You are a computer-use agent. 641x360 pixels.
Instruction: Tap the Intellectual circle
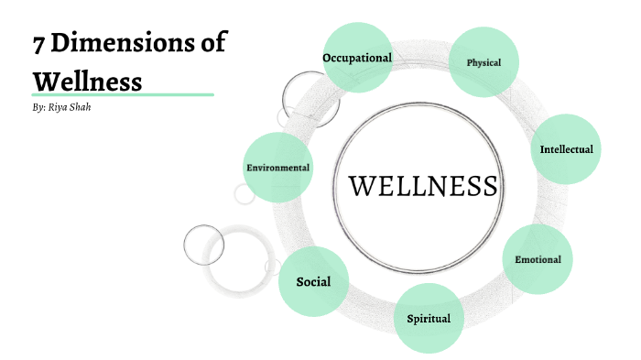pyautogui.click(x=566, y=149)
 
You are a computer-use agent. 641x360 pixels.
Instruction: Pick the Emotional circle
pyautogui.click(x=538, y=259)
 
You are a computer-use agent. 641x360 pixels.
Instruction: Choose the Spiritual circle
pyautogui.click(x=429, y=319)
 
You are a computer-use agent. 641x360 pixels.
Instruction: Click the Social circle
pyautogui.click(x=313, y=282)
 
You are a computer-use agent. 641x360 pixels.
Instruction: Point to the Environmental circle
pyautogui.click(x=278, y=168)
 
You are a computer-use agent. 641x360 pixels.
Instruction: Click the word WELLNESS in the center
pyautogui.click(x=423, y=186)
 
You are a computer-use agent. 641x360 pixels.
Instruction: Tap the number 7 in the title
pyautogui.click(x=39, y=43)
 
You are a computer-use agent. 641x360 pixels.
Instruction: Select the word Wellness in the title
pyautogui.click(x=87, y=82)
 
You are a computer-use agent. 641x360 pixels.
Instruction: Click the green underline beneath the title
pyautogui.click(x=123, y=94)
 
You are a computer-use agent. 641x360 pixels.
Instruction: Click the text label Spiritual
pyautogui.click(x=429, y=319)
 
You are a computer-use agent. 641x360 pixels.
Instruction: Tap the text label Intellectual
pyautogui.click(x=566, y=149)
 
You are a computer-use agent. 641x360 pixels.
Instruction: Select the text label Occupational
pyautogui.click(x=357, y=58)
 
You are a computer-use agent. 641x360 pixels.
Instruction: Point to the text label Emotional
pyautogui.click(x=538, y=259)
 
